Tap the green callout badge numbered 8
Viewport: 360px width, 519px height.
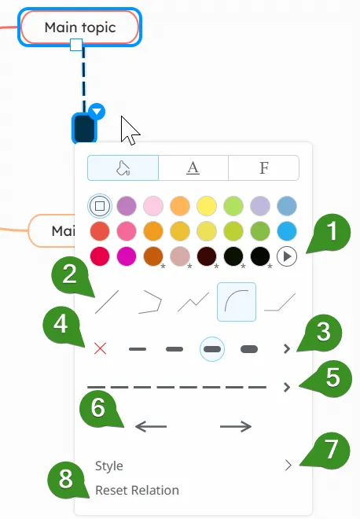[66, 479]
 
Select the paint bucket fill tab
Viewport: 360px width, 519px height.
[123, 167]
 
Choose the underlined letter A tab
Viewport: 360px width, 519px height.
[193, 167]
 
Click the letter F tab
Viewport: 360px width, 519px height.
[264, 167]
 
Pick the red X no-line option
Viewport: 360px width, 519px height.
[100, 348]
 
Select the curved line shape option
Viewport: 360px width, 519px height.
[237, 301]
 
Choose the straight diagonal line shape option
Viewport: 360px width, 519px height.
[107, 301]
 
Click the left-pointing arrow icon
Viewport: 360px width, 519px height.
[151, 426]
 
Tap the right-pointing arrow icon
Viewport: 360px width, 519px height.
[236, 426]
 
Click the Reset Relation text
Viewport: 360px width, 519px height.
[137, 490]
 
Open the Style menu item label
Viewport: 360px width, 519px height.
[109, 466]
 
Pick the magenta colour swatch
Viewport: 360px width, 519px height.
[127, 256]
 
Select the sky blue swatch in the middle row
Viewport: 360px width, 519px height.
[287, 231]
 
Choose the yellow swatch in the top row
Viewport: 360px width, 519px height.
[207, 206]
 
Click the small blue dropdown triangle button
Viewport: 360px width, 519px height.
[97, 112]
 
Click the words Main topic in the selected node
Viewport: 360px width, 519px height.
[80, 28]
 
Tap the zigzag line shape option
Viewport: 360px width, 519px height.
[193, 301]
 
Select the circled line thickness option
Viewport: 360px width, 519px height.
[212, 349]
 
